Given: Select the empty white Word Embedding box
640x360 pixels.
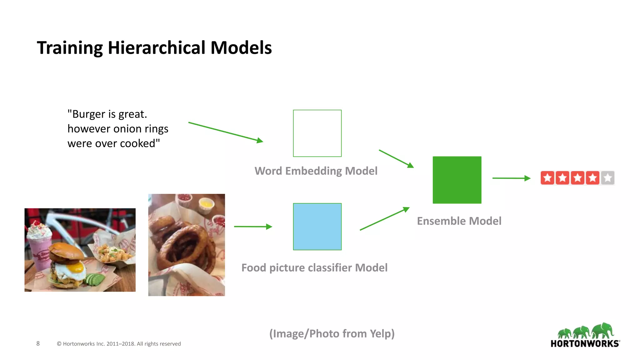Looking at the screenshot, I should [317, 133].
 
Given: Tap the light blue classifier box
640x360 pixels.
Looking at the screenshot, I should [317, 227].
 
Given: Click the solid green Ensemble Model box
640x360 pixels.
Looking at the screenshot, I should [457, 180].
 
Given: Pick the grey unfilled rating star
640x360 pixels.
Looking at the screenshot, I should [607, 178].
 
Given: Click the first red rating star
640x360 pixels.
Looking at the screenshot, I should [547, 178].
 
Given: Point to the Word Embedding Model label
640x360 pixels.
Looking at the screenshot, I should [316, 171].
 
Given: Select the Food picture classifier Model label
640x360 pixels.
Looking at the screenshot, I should [314, 268].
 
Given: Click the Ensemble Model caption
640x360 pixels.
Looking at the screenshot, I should [459, 221].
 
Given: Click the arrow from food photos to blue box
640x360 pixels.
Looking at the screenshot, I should [253, 227].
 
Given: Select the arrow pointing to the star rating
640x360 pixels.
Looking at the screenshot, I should [511, 178].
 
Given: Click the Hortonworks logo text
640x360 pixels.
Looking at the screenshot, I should [585, 343].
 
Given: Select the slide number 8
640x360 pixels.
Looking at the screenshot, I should [38, 343].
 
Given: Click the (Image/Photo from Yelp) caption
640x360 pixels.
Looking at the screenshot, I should [332, 334].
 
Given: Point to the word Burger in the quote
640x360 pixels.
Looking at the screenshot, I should [88, 114].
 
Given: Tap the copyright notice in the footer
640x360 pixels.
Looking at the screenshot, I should [119, 344].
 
